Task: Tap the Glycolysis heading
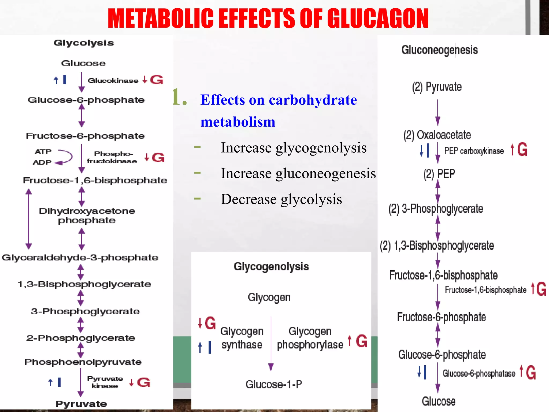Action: pyautogui.click(x=84, y=43)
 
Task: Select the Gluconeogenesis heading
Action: pyautogui.click(x=440, y=50)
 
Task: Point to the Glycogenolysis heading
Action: pyautogui.click(x=271, y=267)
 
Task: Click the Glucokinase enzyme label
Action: pyautogui.click(x=113, y=80)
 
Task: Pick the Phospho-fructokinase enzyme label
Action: pyautogui.click(x=112, y=157)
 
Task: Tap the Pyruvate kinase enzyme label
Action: pyautogui.click(x=105, y=382)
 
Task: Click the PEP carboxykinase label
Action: pyautogui.click(x=474, y=151)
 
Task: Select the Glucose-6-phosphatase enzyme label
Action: pyautogui.click(x=479, y=373)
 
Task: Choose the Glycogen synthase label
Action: pyautogui.click(x=242, y=338)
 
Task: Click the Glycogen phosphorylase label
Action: pyautogui.click(x=310, y=338)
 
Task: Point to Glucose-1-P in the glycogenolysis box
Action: pyautogui.click(x=274, y=384)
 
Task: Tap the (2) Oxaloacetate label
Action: pyautogui.click(x=437, y=135)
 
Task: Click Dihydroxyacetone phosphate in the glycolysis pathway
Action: pyautogui.click(x=87, y=216)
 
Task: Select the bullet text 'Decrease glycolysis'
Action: pyautogui.click(x=281, y=199)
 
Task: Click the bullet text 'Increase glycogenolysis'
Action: pyautogui.click(x=294, y=148)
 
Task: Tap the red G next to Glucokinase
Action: pyautogui.click(x=157, y=80)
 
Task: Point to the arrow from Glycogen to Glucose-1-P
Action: pyautogui.click(x=271, y=343)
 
